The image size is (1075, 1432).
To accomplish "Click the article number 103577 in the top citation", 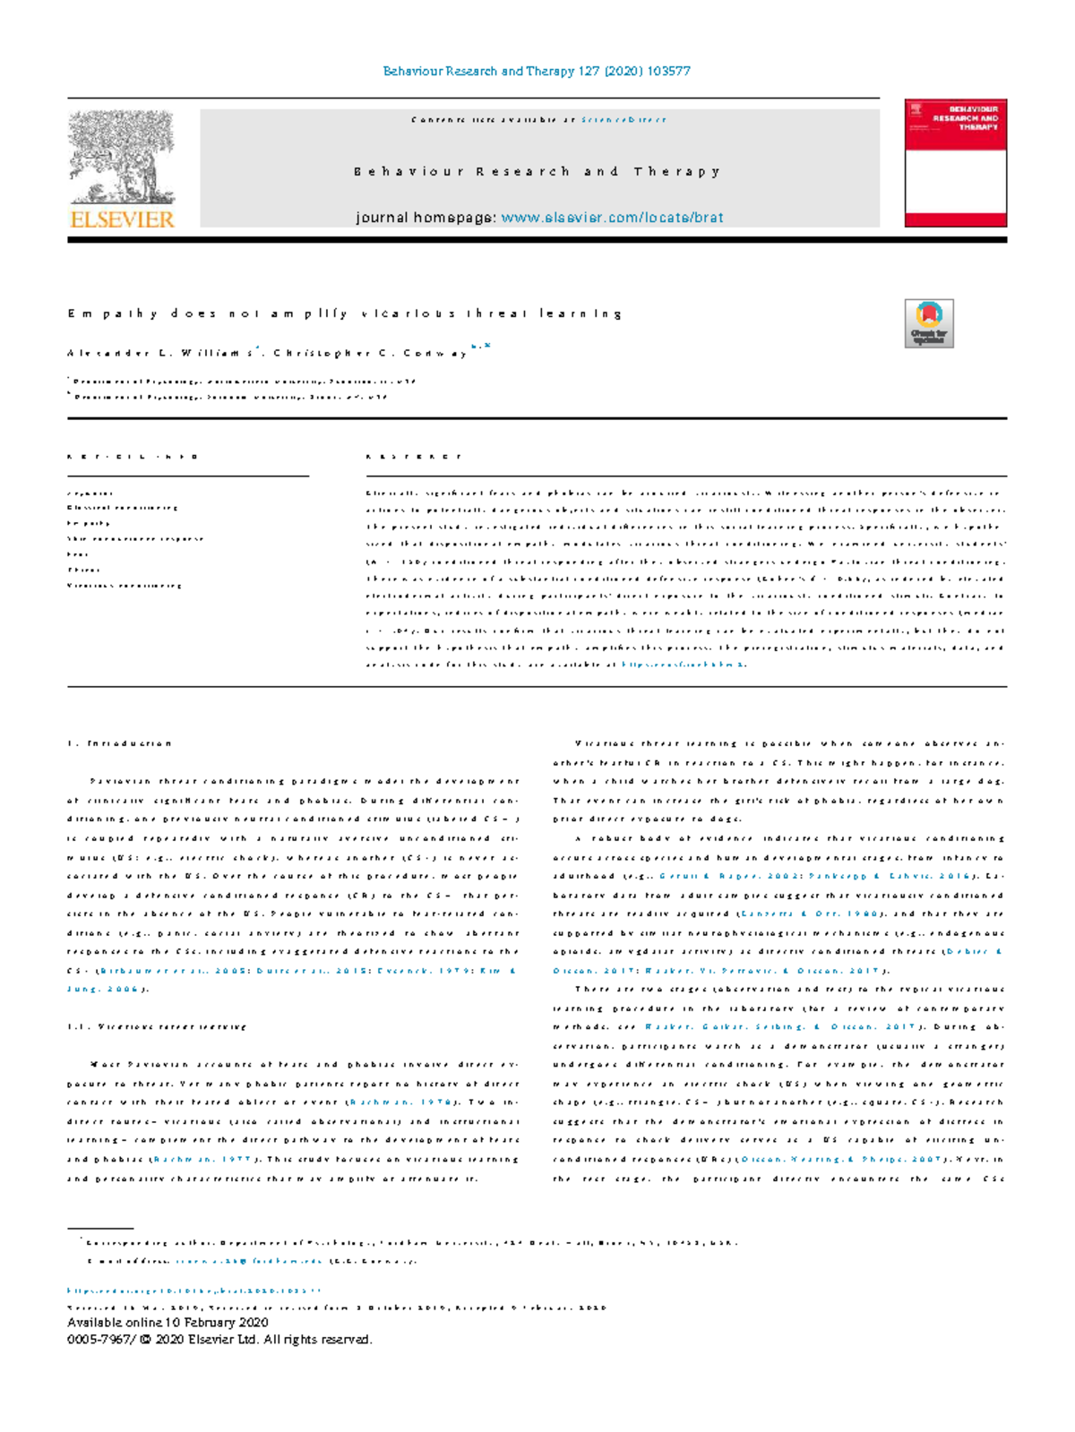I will (x=668, y=71).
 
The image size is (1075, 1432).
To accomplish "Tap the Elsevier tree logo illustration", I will (x=122, y=157).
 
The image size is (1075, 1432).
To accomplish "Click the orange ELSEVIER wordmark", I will (x=122, y=219).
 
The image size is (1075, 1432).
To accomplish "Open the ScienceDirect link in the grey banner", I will (x=623, y=119).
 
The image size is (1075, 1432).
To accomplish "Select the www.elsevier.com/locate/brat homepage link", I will (x=612, y=218).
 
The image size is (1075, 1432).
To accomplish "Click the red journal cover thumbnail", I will (x=955, y=162).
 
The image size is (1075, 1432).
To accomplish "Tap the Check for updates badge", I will (x=929, y=323).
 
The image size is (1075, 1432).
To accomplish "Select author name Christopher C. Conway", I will (x=371, y=353).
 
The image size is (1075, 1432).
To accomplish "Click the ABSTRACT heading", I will (x=414, y=457).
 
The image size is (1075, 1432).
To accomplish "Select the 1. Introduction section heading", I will (x=120, y=743).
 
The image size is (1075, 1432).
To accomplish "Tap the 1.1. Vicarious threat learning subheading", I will (x=158, y=1027).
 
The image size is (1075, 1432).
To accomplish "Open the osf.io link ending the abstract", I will (x=683, y=665).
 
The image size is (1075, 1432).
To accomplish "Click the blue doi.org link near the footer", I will (x=193, y=1291).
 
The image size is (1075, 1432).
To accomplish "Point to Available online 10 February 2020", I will (x=168, y=1323).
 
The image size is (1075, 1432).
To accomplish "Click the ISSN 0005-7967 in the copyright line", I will (x=97, y=1340).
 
